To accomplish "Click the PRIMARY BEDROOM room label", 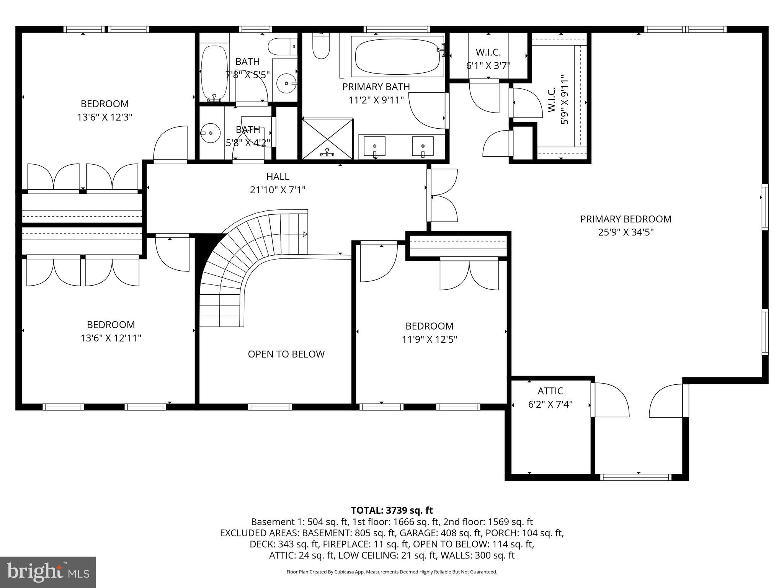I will pos(626,219).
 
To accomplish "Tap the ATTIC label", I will pos(550,391).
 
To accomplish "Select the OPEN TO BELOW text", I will pos(286,354).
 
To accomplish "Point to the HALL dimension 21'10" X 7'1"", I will pos(278,190).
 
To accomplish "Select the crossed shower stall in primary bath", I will pos(327,139).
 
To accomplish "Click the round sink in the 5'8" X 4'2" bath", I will pos(210,133).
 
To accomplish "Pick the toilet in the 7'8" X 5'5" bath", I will pos(281,47).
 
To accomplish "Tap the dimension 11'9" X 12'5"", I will pos(430,339).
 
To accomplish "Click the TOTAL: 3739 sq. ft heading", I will pos(392,510).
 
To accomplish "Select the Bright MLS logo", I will pos(48,572).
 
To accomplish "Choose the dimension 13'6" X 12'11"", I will pos(111,338).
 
